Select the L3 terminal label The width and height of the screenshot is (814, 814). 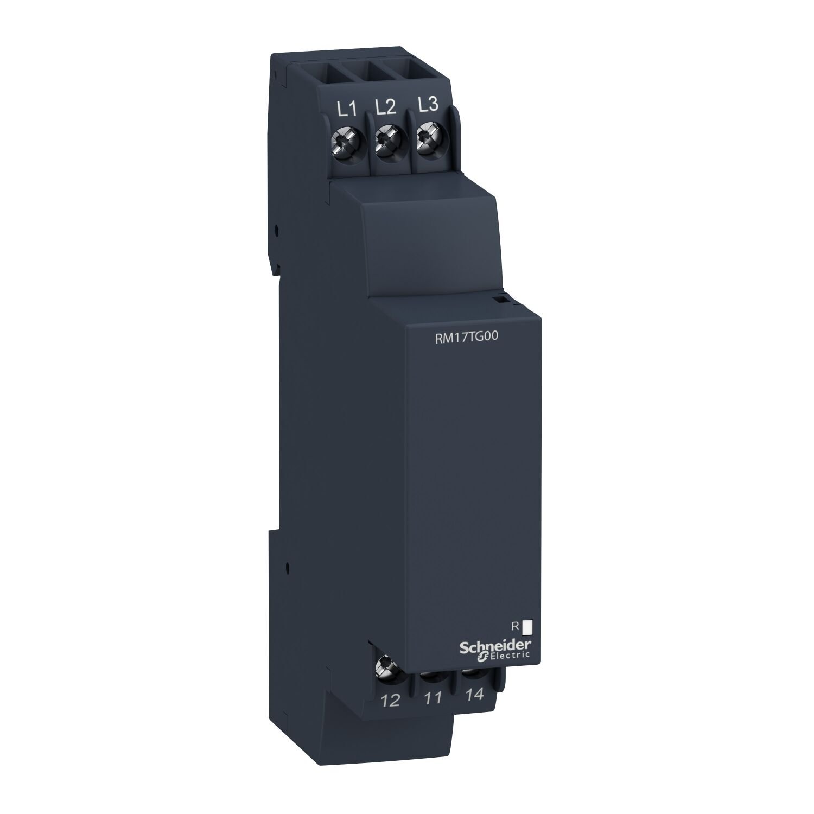point(428,105)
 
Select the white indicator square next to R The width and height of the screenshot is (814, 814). point(526,627)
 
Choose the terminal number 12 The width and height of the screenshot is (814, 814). point(391,701)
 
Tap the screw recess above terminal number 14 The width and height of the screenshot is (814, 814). point(473,673)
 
